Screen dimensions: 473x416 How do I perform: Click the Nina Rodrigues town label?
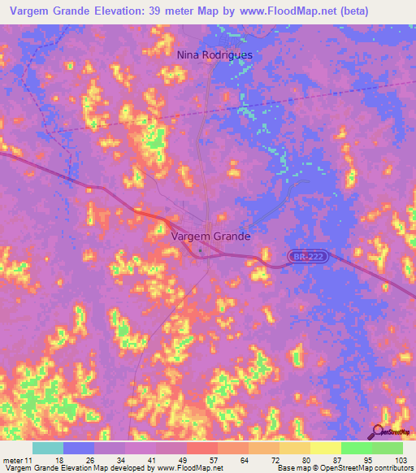[x=214, y=54]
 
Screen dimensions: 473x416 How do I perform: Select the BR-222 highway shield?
[x=308, y=256]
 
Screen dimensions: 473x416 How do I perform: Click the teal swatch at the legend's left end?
[x=48, y=448]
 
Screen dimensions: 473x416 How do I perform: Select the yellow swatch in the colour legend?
[x=325, y=448]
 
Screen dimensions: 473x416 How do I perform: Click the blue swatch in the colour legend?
[x=79, y=448]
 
